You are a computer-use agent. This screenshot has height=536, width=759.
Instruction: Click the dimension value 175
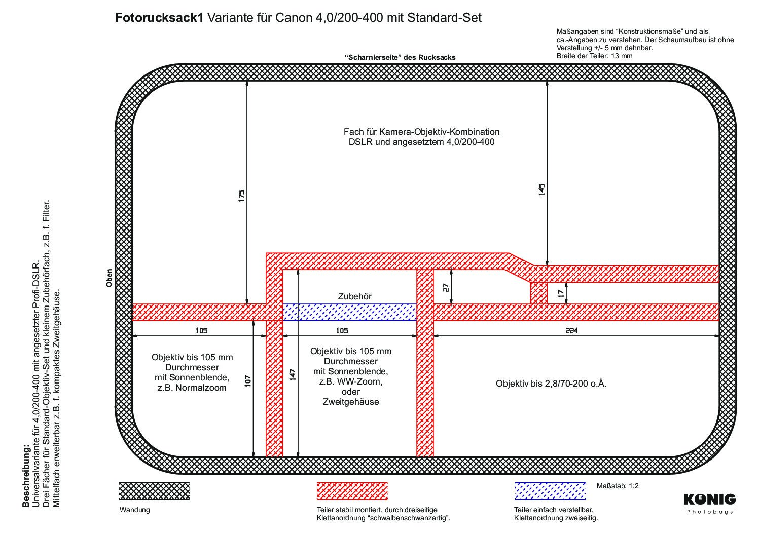click(x=241, y=196)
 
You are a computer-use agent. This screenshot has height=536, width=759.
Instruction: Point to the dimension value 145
click(x=541, y=189)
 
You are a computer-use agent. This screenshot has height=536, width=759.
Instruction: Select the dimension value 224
click(x=571, y=330)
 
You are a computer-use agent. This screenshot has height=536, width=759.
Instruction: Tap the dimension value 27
click(x=446, y=287)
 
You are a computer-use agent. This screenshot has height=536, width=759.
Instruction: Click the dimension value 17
click(x=561, y=293)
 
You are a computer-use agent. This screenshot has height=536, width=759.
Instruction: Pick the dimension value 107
click(x=248, y=381)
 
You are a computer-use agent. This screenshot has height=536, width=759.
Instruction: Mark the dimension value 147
click(x=293, y=375)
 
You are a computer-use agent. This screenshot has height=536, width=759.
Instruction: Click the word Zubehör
click(x=355, y=296)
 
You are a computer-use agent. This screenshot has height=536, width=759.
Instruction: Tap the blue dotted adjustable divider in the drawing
click(x=349, y=312)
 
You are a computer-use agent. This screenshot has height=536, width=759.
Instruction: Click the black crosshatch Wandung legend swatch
click(x=154, y=491)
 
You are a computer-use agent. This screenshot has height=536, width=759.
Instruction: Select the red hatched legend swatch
click(x=352, y=491)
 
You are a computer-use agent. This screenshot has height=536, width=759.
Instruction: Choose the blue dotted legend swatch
click(x=550, y=491)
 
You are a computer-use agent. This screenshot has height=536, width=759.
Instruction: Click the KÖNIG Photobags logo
click(x=709, y=504)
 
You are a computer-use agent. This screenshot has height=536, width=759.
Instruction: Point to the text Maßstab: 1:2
click(x=618, y=486)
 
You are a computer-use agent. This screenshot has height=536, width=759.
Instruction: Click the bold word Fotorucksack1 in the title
click(x=159, y=18)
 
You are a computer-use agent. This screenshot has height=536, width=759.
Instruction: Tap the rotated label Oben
click(x=109, y=278)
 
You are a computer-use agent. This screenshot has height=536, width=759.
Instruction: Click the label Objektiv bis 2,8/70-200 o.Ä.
click(x=551, y=384)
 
